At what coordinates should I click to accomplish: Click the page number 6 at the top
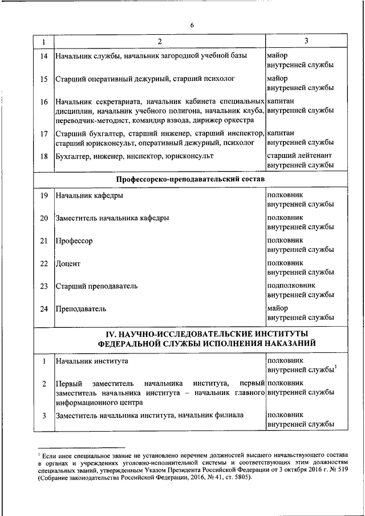[192, 25]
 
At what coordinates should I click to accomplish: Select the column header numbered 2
[160, 41]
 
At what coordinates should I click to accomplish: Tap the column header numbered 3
[306, 41]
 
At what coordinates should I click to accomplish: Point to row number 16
[44, 102]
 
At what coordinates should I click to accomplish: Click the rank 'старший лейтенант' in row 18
[301, 155]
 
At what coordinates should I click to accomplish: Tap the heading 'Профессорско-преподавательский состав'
[192, 179]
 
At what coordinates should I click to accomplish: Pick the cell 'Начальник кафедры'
[88, 196]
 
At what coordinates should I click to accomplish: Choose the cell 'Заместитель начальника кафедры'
[112, 218]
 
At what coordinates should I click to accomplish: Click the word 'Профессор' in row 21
[74, 241]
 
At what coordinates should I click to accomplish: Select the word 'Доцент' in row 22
[68, 263]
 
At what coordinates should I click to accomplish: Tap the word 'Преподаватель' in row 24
[82, 308]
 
